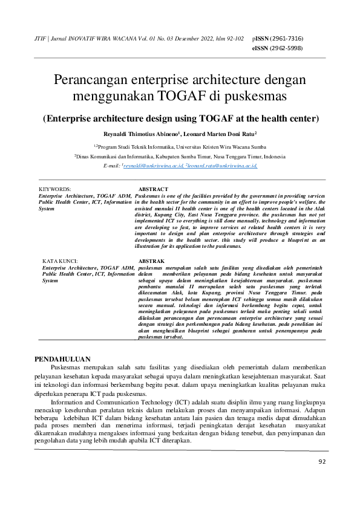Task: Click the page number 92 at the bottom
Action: [322, 462]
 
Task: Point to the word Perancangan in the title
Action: [91, 80]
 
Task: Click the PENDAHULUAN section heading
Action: [62, 358]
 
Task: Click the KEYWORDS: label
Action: [55, 189]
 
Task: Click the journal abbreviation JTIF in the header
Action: [41, 38]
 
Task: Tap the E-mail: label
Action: [112, 165]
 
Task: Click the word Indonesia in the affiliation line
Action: [272, 155]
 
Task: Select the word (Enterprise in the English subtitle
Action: [68, 118]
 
